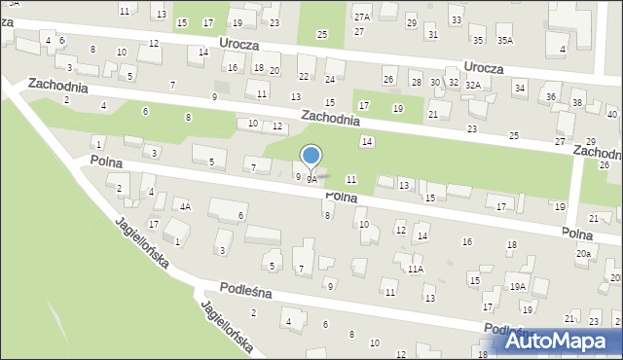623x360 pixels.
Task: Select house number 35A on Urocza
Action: tap(504, 40)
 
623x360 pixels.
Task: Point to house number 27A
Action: tap(362, 18)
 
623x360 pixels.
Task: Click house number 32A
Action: tap(473, 85)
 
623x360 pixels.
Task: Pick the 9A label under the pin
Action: tap(311, 180)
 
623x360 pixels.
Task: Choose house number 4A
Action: tap(184, 206)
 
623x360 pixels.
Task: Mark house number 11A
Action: tap(416, 269)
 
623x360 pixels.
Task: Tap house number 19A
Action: tap(517, 286)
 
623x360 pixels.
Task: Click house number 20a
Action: tap(583, 253)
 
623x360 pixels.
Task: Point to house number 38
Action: tap(576, 102)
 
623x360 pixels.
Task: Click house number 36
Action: tap(551, 96)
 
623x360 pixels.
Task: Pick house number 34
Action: tap(520, 88)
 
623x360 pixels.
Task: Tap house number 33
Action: tap(456, 19)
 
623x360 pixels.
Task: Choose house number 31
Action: tap(433, 34)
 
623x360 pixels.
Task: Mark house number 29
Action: tap(411, 22)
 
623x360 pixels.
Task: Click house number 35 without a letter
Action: tap(476, 40)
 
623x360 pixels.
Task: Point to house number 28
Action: tap(416, 83)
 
